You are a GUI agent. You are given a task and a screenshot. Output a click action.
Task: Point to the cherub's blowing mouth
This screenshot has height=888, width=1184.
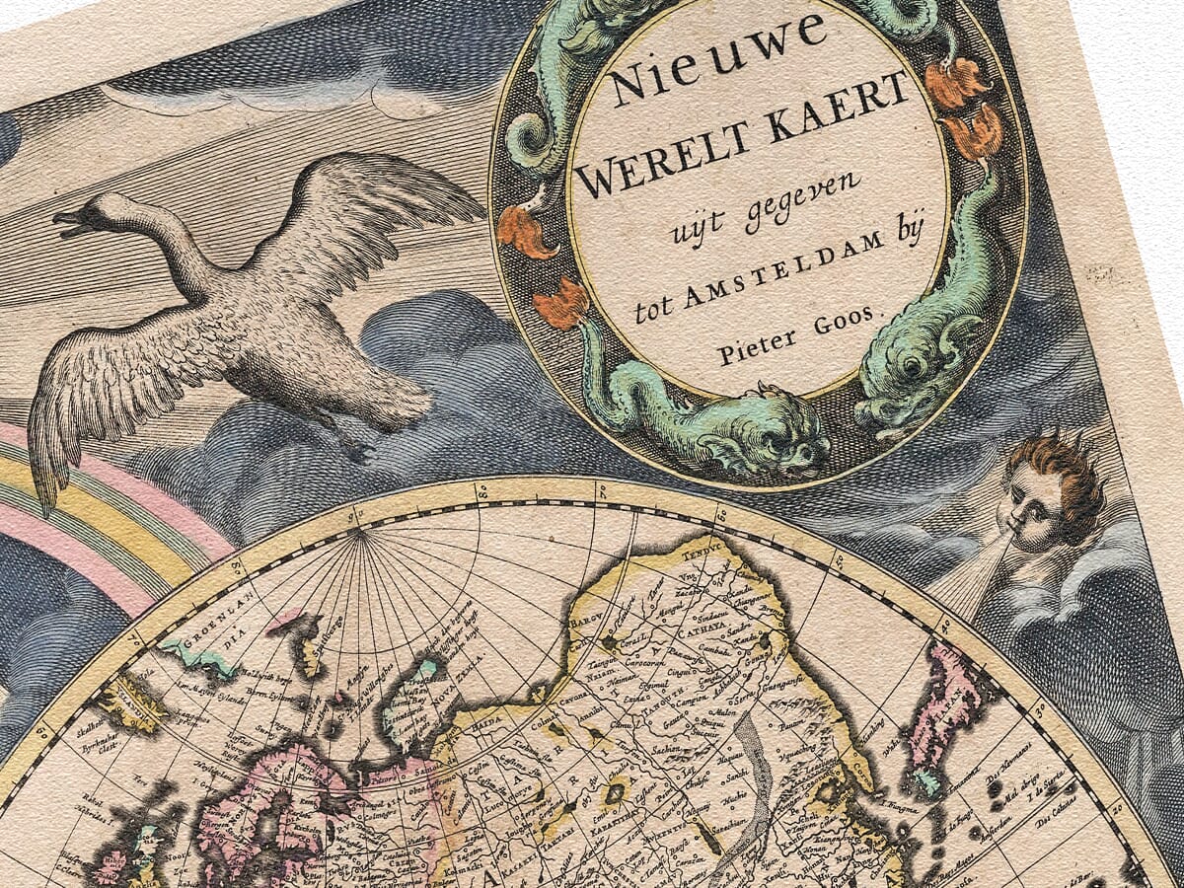pyautogui.click(x=1016, y=538)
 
